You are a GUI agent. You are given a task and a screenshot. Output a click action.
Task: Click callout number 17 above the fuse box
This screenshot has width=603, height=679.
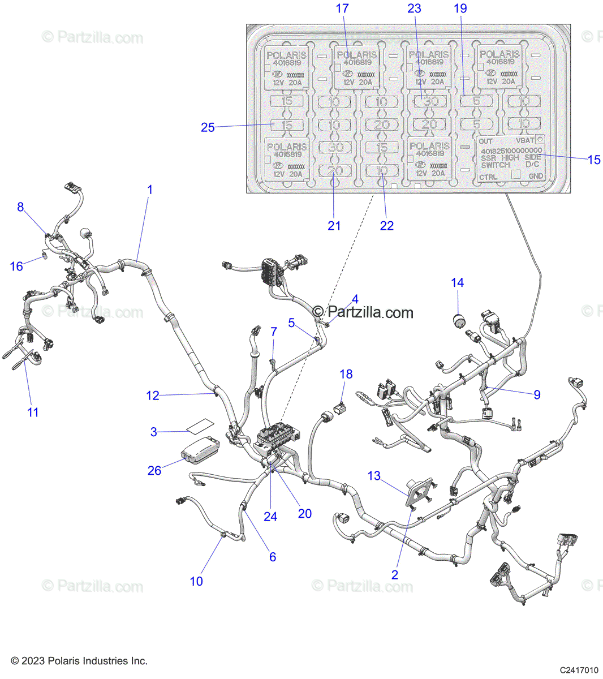point(342,8)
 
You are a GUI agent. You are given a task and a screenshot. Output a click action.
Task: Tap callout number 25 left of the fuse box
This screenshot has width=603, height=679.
point(208,127)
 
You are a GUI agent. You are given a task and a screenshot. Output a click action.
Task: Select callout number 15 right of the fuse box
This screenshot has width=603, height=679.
point(593,160)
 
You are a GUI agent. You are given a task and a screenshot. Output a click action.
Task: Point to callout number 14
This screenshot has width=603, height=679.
point(457,282)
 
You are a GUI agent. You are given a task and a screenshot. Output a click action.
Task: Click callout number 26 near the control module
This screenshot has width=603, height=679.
point(154,470)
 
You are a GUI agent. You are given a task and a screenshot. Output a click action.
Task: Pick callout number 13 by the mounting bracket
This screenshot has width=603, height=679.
point(374,476)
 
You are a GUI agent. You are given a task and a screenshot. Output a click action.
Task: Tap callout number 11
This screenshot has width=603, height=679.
point(33,412)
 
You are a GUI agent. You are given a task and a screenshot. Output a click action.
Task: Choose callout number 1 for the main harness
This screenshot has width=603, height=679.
point(150,190)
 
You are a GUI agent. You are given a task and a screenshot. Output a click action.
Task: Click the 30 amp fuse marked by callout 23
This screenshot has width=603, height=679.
point(430,101)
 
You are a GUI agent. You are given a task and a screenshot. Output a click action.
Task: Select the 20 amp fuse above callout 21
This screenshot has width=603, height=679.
point(335,170)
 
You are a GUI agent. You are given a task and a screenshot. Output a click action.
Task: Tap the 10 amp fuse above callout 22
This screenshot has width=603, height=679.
point(382,170)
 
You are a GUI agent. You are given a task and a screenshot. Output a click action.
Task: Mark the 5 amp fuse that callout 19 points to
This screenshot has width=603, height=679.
point(476,101)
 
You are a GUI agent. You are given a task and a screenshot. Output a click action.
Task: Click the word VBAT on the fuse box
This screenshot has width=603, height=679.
point(525,140)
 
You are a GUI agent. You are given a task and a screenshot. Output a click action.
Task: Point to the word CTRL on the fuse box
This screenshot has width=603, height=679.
point(488,177)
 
